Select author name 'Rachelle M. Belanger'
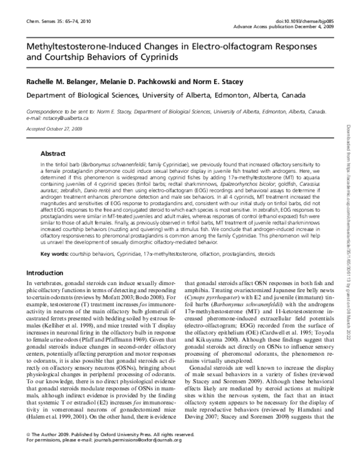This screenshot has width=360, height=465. (x=64, y=82)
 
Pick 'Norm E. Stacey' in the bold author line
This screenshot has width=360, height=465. (x=225, y=82)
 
